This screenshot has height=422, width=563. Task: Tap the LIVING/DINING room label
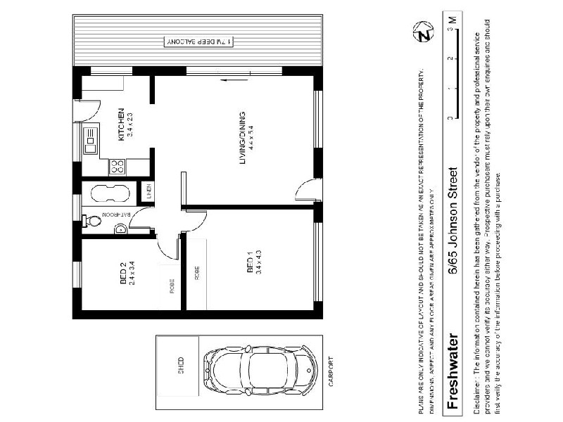(x=242, y=139)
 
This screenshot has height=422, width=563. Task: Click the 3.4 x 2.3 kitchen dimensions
(x=129, y=124)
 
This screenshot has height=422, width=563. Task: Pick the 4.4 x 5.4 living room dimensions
(x=251, y=139)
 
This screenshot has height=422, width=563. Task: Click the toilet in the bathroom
(x=91, y=220)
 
